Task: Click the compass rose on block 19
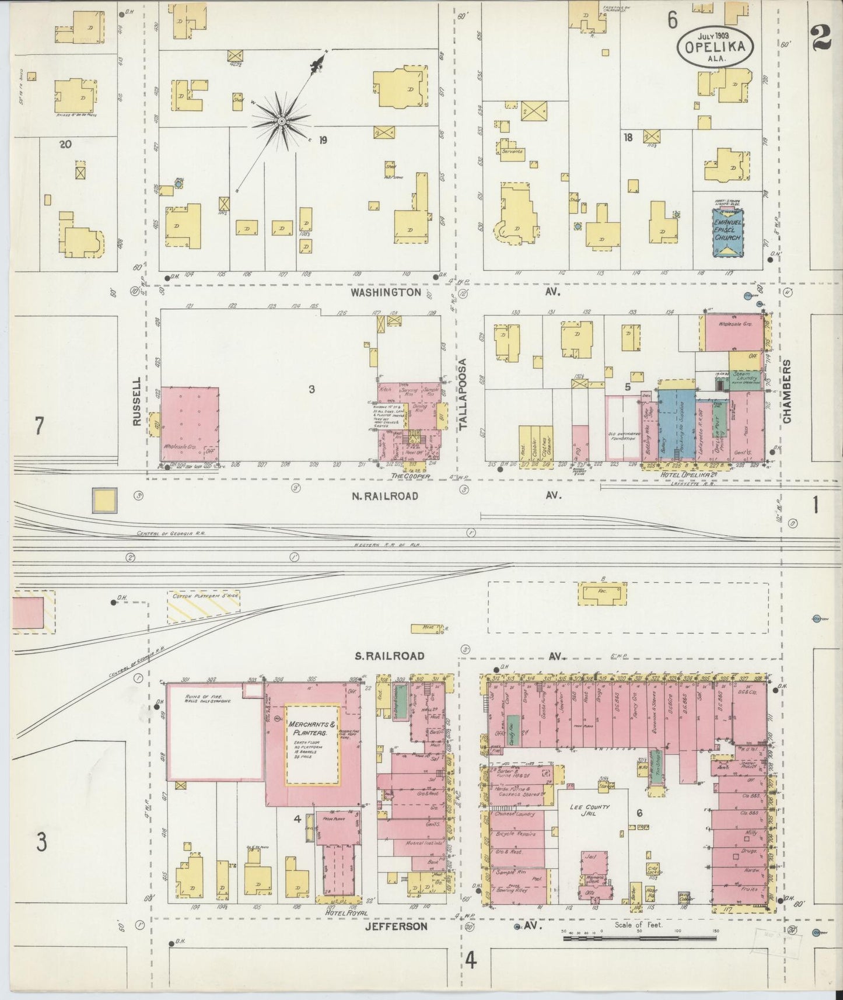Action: coord(281,121)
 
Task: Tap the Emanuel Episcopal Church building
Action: coord(727,232)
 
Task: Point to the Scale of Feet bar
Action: coord(639,938)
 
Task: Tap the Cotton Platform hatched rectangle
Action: coord(203,607)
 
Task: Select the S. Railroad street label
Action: coord(390,656)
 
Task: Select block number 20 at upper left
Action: coord(65,144)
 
